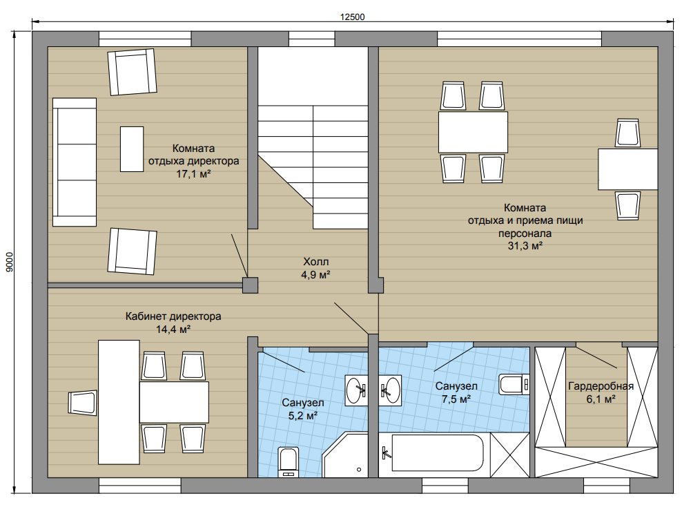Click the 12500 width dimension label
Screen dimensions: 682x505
[x=352, y=17]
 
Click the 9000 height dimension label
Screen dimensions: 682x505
[x=10, y=262]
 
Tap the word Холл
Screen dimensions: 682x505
[x=315, y=262]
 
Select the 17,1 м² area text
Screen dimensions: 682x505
[x=193, y=174]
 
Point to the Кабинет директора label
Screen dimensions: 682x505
[x=173, y=316]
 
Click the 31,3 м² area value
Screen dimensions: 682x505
[x=525, y=246]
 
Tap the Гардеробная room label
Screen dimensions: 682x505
[x=601, y=386]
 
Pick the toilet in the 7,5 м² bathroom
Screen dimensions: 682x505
[x=514, y=384]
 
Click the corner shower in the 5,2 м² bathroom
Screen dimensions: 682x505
[x=345, y=455]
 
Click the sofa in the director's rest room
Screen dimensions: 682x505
[x=75, y=162]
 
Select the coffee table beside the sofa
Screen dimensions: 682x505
[x=132, y=149]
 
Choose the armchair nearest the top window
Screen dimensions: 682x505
[x=133, y=72]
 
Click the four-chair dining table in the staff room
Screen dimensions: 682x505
[x=473, y=132]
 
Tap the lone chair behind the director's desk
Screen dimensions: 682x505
[x=83, y=403]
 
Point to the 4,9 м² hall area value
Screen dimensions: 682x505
[x=315, y=275]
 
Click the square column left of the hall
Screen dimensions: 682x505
[x=250, y=285]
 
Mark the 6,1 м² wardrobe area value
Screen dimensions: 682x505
[x=601, y=399]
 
